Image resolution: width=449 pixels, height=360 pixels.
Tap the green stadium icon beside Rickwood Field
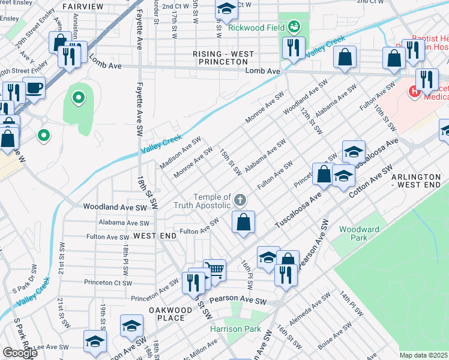point(294,26)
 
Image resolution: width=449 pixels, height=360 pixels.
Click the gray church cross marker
point(240,200)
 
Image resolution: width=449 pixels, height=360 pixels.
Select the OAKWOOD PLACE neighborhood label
point(170,314)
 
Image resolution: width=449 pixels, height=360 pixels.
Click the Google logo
point(20,353)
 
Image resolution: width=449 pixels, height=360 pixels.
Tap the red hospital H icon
point(414,91)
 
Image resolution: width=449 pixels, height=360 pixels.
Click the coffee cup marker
point(34,88)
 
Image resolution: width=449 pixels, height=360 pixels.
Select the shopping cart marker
point(214,271)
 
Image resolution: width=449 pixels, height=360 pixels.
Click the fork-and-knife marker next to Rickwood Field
point(294,48)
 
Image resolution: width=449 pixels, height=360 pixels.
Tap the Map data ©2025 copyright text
point(423,355)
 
